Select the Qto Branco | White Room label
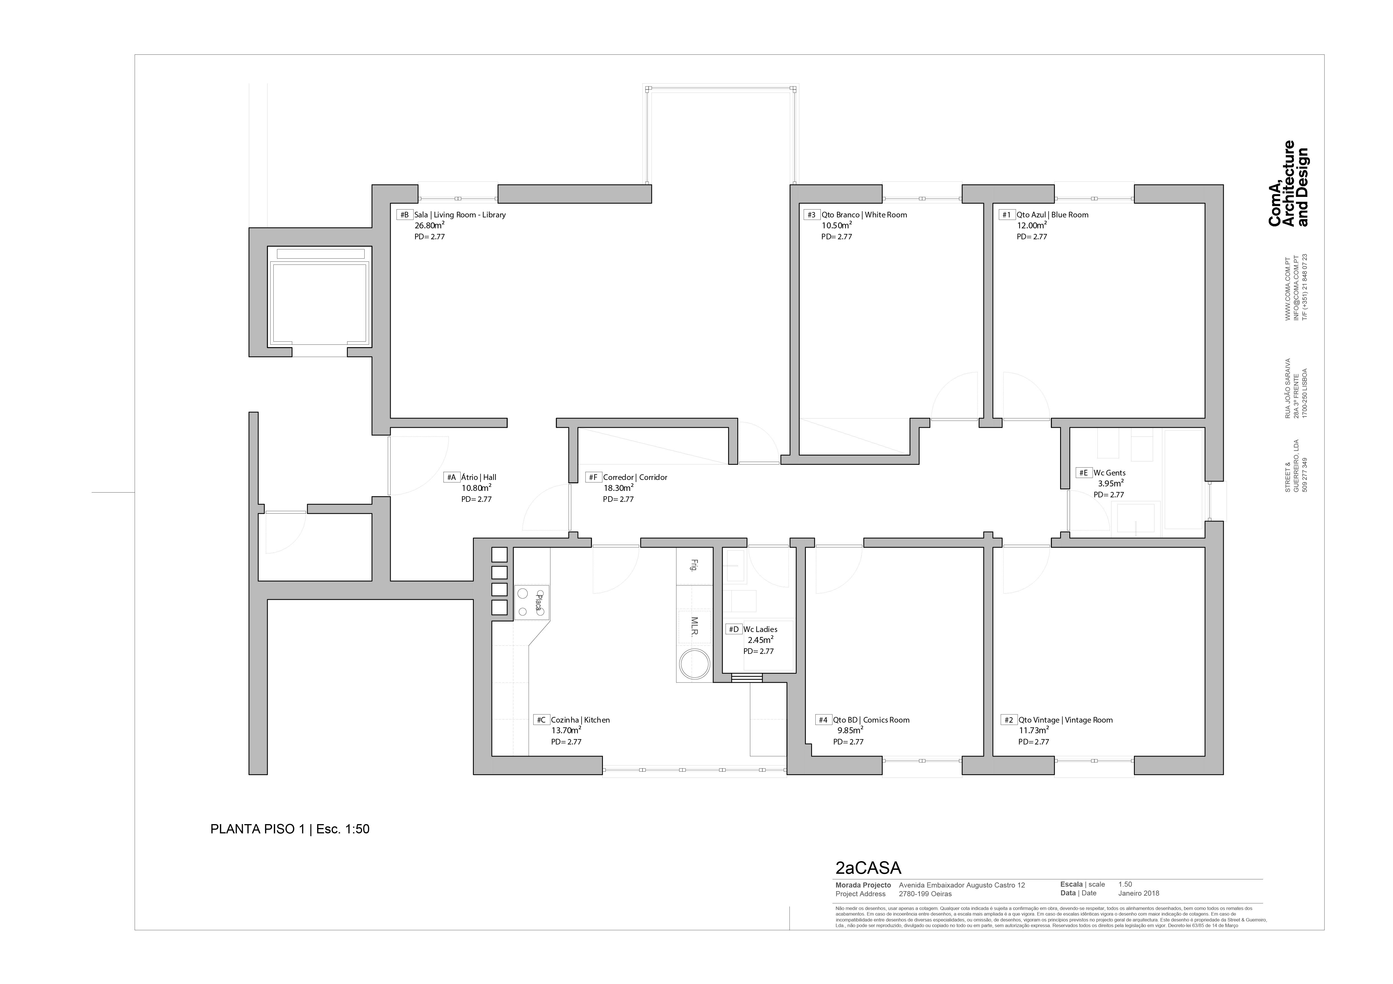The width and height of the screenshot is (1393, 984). [x=864, y=215]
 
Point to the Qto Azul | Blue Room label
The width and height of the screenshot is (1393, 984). [x=1053, y=215]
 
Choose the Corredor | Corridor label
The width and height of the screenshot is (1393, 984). [x=635, y=477]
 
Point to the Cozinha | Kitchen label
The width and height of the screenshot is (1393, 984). [x=580, y=720]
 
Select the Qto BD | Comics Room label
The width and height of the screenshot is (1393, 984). [x=871, y=720]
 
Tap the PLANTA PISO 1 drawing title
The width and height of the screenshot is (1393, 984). [x=289, y=829]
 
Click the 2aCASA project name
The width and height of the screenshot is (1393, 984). [x=868, y=868]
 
